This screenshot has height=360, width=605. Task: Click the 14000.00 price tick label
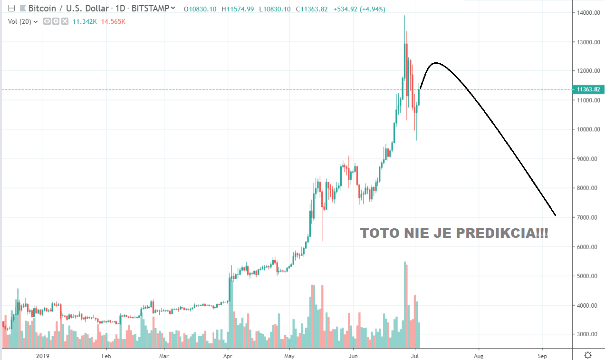pos(587,13)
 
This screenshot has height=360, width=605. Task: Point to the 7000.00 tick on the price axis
pos(587,217)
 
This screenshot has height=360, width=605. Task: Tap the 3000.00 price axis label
pos(587,334)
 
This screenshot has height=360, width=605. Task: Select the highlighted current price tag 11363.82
pos(588,89)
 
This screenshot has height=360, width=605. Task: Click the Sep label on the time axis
pos(542,355)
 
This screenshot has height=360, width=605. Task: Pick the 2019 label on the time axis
pos(43,355)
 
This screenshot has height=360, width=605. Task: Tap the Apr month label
pos(227,355)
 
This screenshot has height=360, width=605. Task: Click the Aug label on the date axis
pos(479,355)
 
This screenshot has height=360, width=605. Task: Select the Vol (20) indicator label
pos(19,21)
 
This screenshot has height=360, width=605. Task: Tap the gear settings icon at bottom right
pos(588,355)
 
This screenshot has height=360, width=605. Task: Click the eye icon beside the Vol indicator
pos(47,21)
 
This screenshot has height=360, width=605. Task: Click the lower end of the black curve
pos(555,215)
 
